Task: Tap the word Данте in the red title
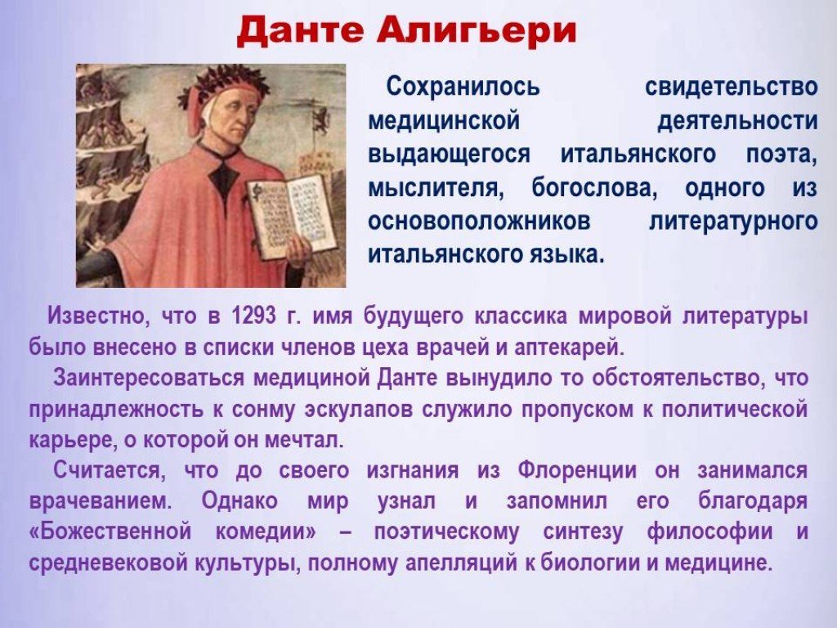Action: [301, 30]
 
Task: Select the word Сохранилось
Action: [463, 87]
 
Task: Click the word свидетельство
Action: [732, 87]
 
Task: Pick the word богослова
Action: [594, 189]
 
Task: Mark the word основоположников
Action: [479, 221]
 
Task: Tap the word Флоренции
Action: [577, 470]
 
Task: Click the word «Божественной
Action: [110, 532]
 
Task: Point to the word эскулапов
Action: [360, 410]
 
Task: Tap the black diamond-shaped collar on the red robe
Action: [221, 177]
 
